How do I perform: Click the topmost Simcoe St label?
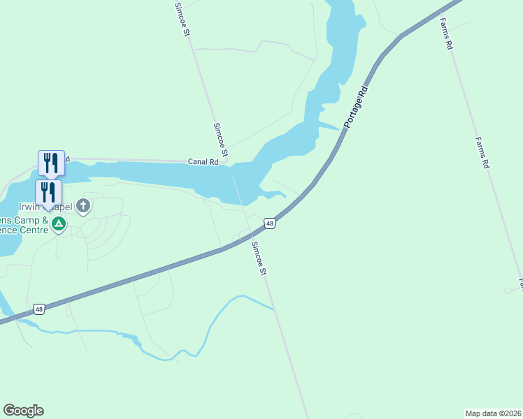click(x=182, y=18)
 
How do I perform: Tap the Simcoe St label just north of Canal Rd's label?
click(x=220, y=140)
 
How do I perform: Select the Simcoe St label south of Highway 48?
click(x=259, y=258)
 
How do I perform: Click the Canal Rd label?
click(x=203, y=161)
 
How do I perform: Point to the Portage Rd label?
click(x=354, y=107)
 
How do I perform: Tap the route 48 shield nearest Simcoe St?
click(x=270, y=223)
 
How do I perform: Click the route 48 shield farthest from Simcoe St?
click(x=38, y=309)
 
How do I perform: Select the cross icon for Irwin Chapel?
click(x=83, y=205)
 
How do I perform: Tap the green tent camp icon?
click(x=59, y=223)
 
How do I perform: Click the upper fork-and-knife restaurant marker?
click(x=51, y=163)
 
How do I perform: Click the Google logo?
click(x=23, y=411)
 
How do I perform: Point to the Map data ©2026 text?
click(x=493, y=413)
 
